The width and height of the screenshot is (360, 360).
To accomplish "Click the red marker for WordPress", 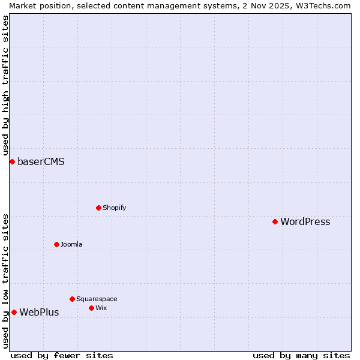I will click(x=275, y=221).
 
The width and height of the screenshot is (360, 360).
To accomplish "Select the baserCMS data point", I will click(x=12, y=161).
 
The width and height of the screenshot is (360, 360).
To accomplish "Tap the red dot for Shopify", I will click(x=98, y=208).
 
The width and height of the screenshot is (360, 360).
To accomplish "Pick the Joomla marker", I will click(x=56, y=244).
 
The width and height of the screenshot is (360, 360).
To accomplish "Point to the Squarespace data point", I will click(x=72, y=299).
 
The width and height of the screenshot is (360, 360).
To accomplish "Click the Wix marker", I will click(x=91, y=308).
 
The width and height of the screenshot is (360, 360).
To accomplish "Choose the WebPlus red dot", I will click(x=14, y=312).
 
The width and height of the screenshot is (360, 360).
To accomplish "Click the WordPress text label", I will click(x=305, y=221).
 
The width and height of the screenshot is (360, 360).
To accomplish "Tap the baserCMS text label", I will click(x=41, y=161).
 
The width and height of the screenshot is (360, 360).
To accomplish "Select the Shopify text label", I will click(x=114, y=208).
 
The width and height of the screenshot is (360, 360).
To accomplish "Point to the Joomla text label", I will click(x=71, y=244).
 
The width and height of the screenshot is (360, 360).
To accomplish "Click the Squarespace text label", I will click(x=97, y=299).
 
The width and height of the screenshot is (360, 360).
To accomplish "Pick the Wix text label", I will click(x=101, y=308).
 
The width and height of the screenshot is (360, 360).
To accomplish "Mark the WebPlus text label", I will click(x=39, y=312).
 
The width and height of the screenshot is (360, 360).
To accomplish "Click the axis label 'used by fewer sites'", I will click(x=62, y=355).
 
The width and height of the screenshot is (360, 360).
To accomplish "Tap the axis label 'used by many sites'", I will click(x=301, y=355).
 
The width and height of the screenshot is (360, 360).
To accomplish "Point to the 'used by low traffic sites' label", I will click(x=5, y=281).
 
